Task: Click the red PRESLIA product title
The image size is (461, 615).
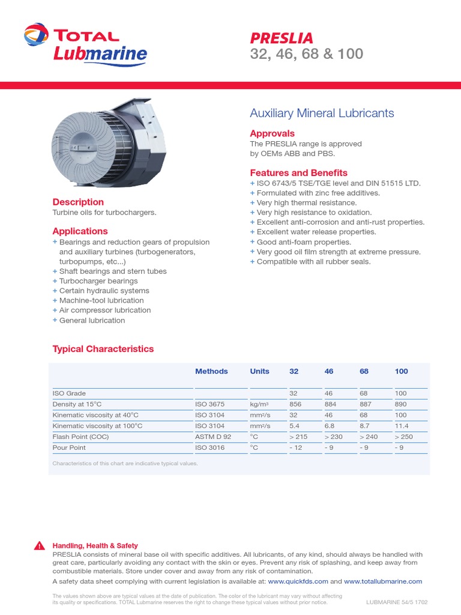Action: [282, 38]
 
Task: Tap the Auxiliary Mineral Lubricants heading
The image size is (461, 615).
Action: [322, 113]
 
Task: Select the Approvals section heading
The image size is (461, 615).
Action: [272, 133]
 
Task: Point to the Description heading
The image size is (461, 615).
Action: [78, 202]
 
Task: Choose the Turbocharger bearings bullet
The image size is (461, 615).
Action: [98, 281]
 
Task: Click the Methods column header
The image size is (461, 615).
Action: [211, 371]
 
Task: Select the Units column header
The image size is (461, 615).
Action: [259, 371]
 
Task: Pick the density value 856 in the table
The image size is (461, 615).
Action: [295, 404]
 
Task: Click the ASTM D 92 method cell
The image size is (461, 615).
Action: [213, 437]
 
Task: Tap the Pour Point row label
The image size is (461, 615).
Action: [69, 447]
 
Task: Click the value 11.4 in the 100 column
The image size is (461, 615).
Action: [401, 426]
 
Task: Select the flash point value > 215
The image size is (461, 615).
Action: [299, 437]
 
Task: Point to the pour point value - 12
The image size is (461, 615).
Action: [296, 447]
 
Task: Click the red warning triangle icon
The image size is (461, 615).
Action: [40, 546]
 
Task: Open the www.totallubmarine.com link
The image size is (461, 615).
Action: [383, 581]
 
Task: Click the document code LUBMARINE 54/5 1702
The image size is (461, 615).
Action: [397, 602]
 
